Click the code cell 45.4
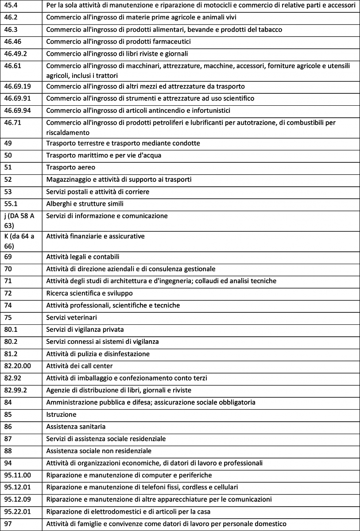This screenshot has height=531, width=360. click(x=12, y=5)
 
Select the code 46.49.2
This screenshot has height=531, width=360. click(x=16, y=54)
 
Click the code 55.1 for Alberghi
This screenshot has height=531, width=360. click(x=12, y=204)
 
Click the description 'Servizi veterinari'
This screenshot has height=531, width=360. click(x=71, y=317)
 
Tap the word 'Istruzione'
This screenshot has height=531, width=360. click(x=61, y=415)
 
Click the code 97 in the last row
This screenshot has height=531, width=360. click(x=8, y=524)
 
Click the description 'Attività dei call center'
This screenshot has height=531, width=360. click(x=79, y=366)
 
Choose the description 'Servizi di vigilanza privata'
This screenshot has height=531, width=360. click(x=85, y=329)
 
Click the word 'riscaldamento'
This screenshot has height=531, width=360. click(x=68, y=132)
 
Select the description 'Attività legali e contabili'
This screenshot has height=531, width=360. click(x=83, y=257)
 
